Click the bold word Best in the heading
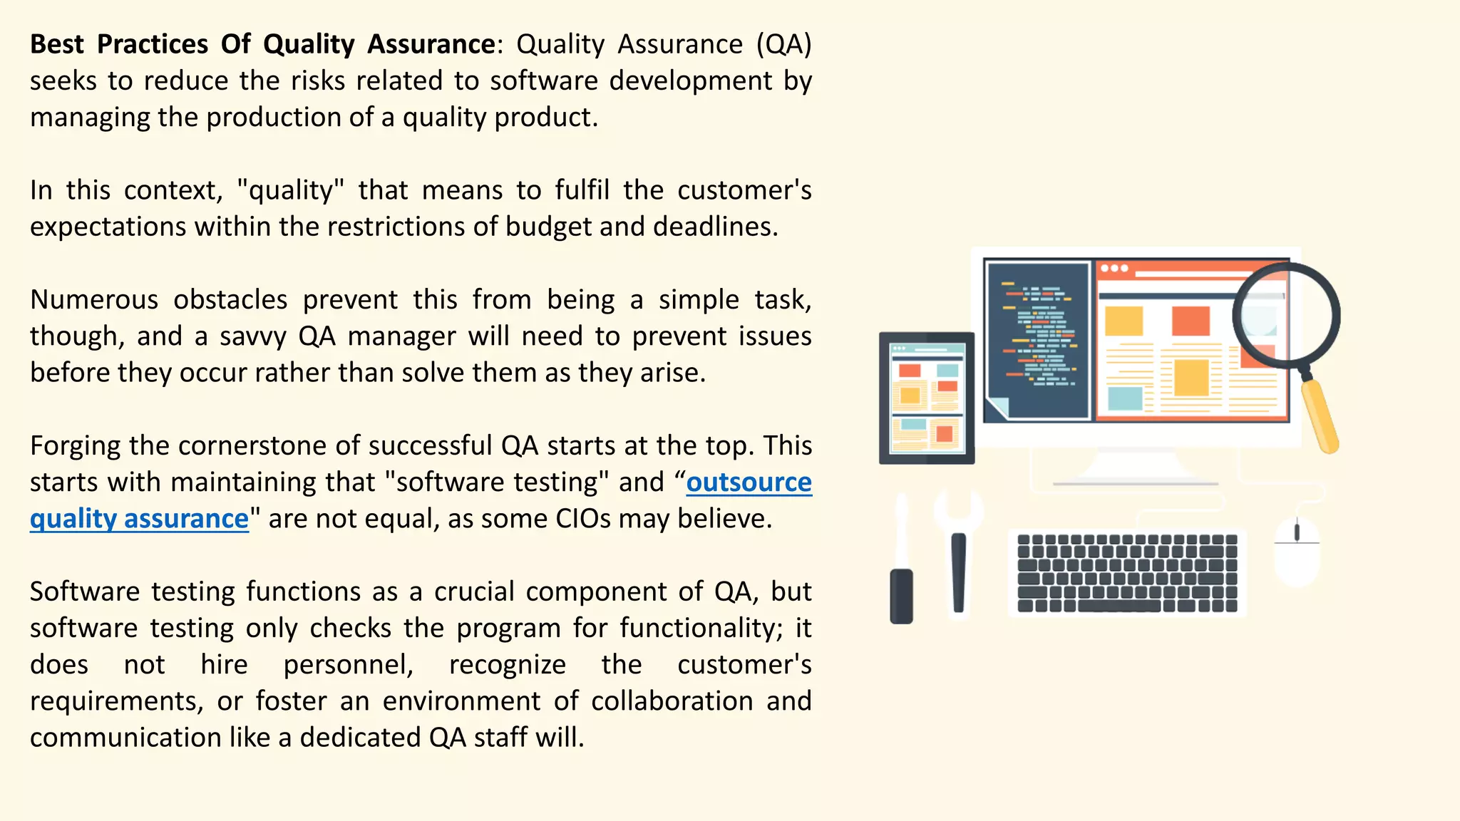(x=57, y=44)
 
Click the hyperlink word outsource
(x=749, y=482)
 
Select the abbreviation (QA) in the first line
(x=783, y=44)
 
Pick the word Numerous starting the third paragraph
(x=94, y=299)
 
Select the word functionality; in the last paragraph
(x=701, y=628)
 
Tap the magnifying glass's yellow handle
(x=1320, y=417)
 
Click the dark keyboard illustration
(x=1127, y=573)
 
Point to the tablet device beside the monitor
(x=926, y=398)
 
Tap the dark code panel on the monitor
(x=1038, y=341)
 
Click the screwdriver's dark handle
(x=902, y=595)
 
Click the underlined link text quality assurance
(x=139, y=519)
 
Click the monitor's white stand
(x=1135, y=467)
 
